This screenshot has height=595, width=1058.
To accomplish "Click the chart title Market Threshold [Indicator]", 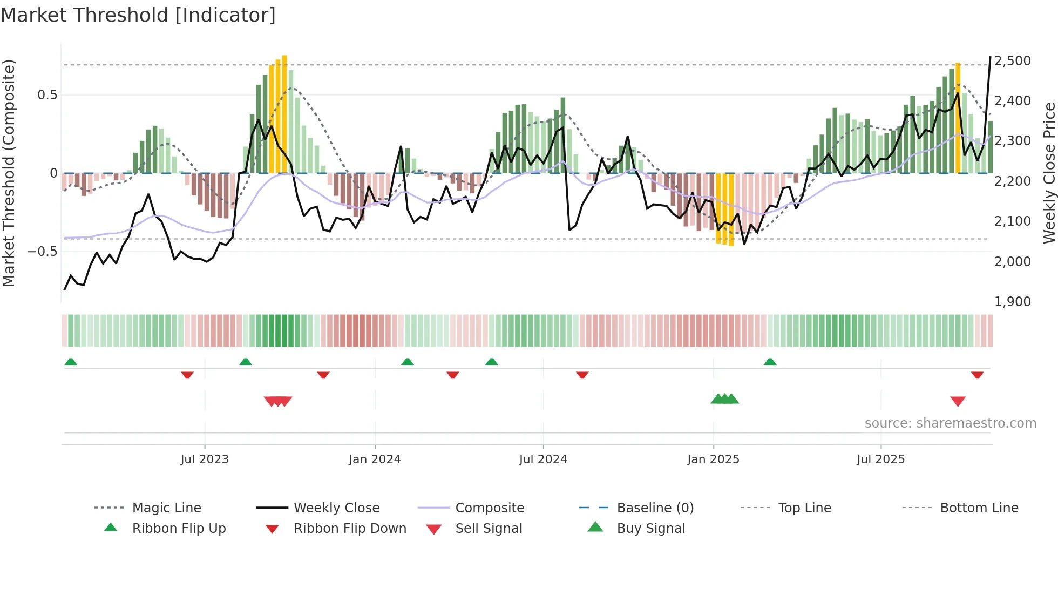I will [x=138, y=15].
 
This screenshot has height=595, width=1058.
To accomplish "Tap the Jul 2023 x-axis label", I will [x=205, y=459].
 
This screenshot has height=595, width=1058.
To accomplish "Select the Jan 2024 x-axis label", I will [x=375, y=459].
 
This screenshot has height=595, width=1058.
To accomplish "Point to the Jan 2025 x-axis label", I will [x=713, y=459].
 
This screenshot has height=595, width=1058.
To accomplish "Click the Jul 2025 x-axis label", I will [x=880, y=459].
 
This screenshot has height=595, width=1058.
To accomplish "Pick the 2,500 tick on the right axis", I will [x=1012, y=61].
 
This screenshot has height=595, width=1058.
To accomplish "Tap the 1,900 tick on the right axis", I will [x=1012, y=302].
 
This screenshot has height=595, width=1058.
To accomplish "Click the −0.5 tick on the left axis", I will [x=42, y=252].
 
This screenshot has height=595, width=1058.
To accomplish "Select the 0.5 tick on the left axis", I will [x=47, y=95].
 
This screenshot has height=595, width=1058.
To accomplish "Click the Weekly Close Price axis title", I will [x=1048, y=173].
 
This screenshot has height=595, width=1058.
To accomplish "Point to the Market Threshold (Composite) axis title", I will [x=9, y=173].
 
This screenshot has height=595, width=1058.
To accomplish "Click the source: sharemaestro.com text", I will [x=950, y=423].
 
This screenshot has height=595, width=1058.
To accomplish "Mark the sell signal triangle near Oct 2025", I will [x=958, y=401].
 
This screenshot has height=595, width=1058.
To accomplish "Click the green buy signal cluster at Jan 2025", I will [x=724, y=399].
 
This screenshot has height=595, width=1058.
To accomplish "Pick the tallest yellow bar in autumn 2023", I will [x=284, y=113].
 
